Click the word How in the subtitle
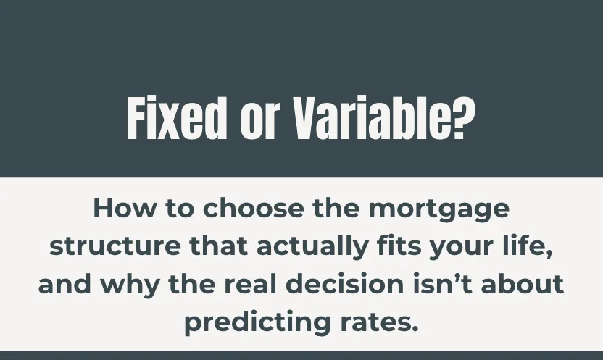tap(117, 209)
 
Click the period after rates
tap(415, 327)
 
